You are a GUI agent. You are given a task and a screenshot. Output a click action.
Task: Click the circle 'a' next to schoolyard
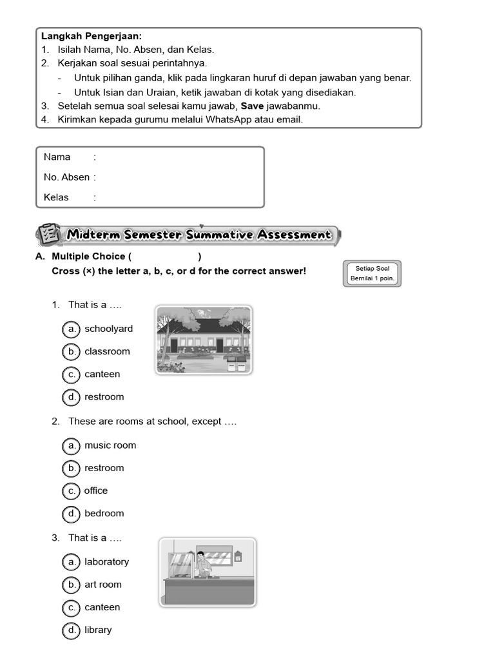[71, 329]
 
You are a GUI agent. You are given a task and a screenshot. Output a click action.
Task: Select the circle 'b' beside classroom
[71, 351]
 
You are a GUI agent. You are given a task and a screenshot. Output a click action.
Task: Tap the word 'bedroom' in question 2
[104, 513]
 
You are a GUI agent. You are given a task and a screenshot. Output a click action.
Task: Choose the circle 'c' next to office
[71, 490]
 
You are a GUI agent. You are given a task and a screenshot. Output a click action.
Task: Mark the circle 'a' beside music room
[71, 445]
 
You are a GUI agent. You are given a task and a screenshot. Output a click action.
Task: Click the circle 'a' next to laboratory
[71, 562]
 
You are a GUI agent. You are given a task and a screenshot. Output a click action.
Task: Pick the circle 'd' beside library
[71, 630]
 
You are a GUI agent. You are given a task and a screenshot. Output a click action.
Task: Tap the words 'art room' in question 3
[102, 585]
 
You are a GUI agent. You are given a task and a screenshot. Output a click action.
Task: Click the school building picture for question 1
[204, 340]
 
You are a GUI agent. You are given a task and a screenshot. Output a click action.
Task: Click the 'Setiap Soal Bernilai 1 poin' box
[373, 273]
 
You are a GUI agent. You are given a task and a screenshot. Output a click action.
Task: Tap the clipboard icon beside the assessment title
[47, 235]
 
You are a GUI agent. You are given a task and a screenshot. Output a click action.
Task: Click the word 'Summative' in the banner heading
[219, 235]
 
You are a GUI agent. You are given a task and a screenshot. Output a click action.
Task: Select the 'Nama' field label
[57, 157]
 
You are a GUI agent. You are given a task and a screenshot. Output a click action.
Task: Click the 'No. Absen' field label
[66, 177]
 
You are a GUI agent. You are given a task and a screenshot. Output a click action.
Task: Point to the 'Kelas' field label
[56, 197]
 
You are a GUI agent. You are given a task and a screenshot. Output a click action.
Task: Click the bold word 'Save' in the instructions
[252, 106]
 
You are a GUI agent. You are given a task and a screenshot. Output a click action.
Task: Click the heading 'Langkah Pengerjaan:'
[92, 36]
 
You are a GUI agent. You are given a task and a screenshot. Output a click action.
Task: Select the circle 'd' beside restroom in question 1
[71, 397]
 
